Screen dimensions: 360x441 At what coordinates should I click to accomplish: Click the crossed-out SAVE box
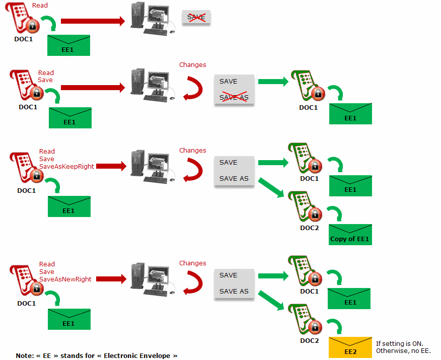pyautogui.click(x=196, y=18)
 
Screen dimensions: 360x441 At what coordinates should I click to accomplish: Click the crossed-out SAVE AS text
pyautogui.click(x=234, y=97)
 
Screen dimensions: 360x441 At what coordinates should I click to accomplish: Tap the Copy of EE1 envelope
pyautogui.click(x=350, y=235)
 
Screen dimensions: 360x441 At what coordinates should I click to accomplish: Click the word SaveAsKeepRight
pyautogui.click(x=66, y=167)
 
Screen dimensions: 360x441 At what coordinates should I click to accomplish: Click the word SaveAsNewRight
pyautogui.click(x=65, y=279)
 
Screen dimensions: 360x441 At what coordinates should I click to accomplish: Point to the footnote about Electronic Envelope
pyautogui.click(x=97, y=355)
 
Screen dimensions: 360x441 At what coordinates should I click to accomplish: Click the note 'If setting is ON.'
pyautogui.click(x=400, y=344)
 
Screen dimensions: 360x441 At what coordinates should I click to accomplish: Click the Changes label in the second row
pyautogui.click(x=192, y=65)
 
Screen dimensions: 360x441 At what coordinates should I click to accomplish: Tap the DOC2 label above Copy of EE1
pyautogui.click(x=310, y=228)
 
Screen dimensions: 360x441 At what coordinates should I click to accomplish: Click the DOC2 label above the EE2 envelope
pyautogui.click(x=310, y=341)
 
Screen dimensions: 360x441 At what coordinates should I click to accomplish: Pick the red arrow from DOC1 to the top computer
pyautogui.click(x=93, y=21)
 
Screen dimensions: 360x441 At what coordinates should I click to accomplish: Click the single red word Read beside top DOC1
pyautogui.click(x=40, y=6)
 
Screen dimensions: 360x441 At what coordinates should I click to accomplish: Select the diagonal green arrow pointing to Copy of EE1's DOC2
pyautogui.click(x=272, y=187)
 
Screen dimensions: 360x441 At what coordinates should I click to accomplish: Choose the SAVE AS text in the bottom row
pyautogui.click(x=234, y=292)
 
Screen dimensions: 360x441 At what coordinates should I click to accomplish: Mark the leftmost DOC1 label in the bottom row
pyautogui.click(x=27, y=304)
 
